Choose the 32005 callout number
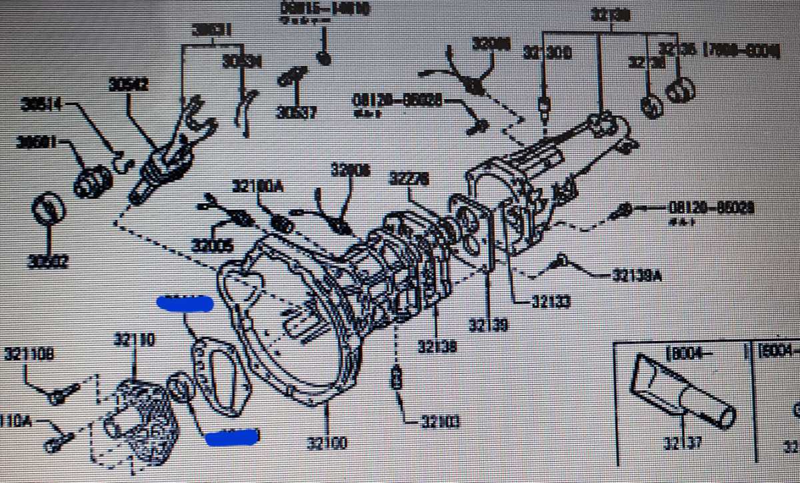click(x=212, y=246)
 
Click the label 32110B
click(x=27, y=353)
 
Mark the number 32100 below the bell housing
click(x=327, y=443)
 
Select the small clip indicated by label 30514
click(x=120, y=160)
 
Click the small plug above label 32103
click(x=397, y=378)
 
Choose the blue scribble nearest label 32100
click(x=232, y=437)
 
